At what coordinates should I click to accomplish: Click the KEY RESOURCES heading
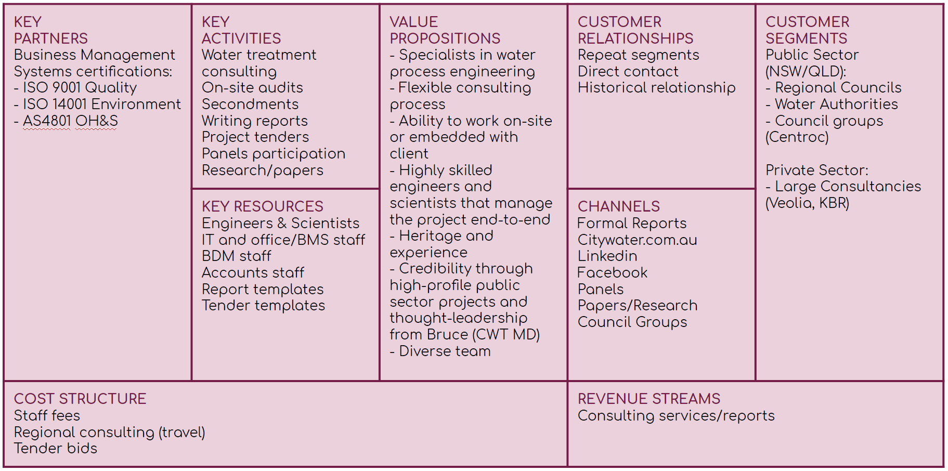263,206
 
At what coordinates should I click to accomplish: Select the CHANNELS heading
619,206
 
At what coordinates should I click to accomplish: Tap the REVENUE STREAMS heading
649,399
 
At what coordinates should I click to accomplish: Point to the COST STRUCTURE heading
80,399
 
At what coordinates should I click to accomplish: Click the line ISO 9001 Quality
75,87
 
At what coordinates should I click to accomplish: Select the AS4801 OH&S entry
66,121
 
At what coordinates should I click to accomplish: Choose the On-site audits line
252,87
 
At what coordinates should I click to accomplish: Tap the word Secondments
250,104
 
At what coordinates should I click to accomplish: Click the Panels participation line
274,153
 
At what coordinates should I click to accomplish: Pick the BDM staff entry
237,256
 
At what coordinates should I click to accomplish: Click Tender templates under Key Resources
264,305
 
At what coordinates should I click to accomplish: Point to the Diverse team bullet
440,351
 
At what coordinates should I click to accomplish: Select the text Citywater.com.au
638,240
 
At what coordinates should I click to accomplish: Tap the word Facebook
613,272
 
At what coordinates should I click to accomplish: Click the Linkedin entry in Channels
607,256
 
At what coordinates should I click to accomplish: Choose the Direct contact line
628,71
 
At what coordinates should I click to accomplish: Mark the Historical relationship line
657,87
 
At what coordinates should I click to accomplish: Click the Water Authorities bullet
832,104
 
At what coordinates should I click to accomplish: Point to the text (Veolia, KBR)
808,203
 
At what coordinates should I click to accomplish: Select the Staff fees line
47,415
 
